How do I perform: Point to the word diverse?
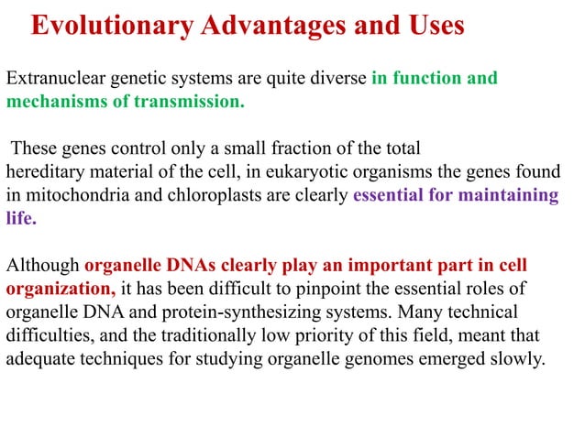(x=336, y=78)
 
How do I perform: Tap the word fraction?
(x=331, y=148)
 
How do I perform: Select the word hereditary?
(x=43, y=171)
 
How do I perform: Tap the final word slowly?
(x=516, y=359)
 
